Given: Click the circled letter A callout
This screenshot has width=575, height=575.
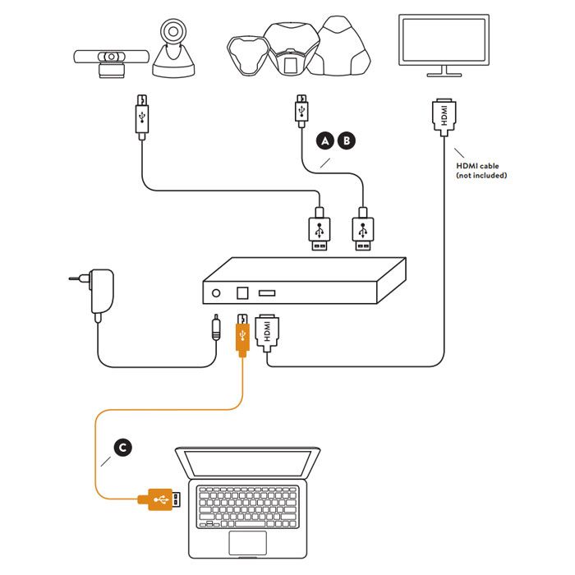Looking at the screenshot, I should tap(326, 141).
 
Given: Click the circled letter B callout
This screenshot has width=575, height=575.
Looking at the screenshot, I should tap(347, 141).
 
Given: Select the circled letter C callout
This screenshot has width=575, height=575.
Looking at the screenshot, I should tap(122, 447).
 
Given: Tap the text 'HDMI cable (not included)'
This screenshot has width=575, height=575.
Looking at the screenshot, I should tap(481, 170).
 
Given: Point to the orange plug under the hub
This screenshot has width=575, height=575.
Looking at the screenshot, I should tap(243, 333).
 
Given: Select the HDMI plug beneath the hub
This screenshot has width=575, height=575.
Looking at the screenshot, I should tap(267, 333).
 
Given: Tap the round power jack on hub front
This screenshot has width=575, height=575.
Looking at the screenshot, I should tap(218, 292).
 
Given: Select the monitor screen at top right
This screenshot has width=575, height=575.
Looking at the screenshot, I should tap(445, 40).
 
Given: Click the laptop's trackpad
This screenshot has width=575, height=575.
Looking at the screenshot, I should tap(247, 541).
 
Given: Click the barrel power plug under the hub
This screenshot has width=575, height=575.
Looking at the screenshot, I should tap(215, 329).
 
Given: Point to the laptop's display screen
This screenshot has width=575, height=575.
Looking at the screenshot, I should tap(247, 465).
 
